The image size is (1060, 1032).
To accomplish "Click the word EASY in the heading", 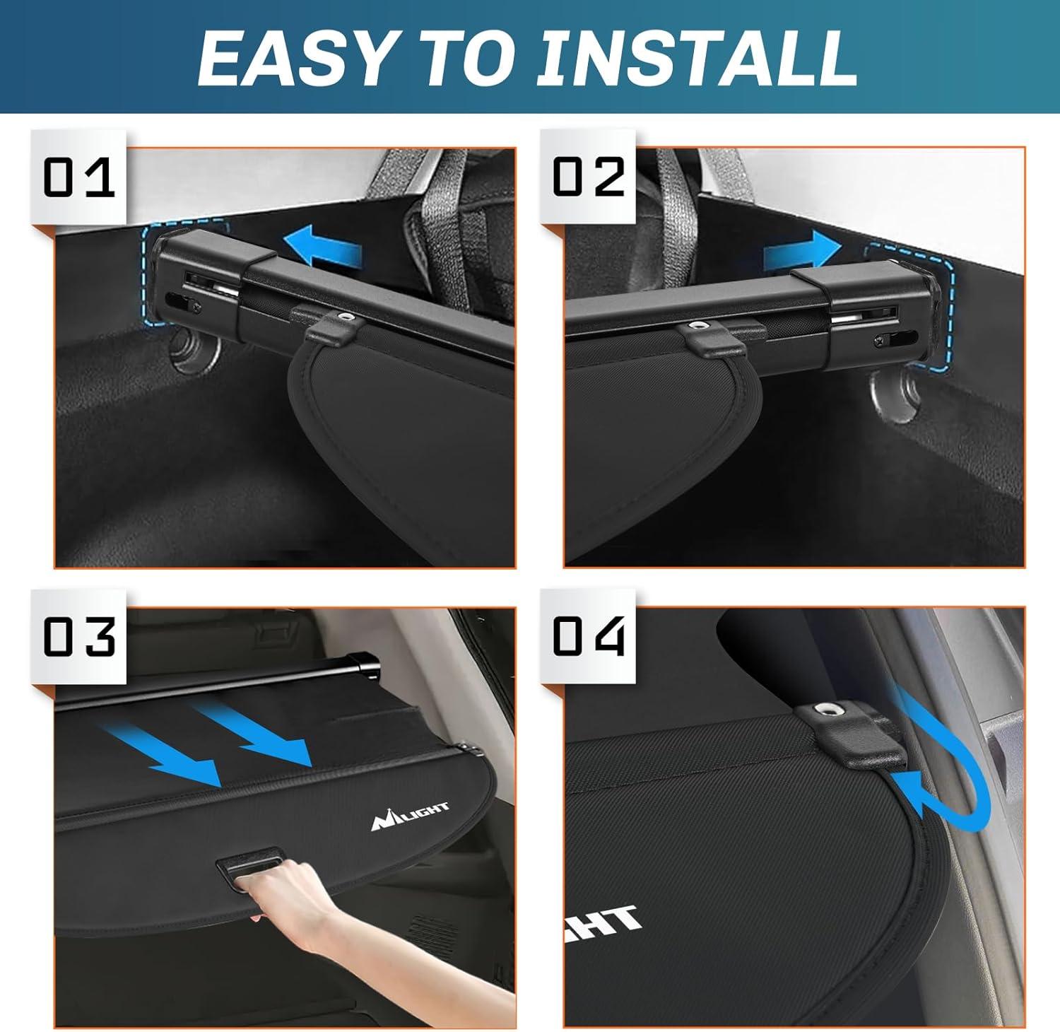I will pos(293,58).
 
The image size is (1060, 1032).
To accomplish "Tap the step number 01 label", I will pos(78,177).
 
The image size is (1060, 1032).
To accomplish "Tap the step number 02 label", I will pos(588,177).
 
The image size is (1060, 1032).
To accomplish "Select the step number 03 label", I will pos(78,637).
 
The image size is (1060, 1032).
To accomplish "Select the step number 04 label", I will pos(588,637).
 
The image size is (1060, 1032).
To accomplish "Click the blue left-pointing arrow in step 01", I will pos(322,250).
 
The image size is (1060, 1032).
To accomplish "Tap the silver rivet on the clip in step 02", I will pos(701,327).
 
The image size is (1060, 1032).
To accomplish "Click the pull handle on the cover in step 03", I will pos(247,864).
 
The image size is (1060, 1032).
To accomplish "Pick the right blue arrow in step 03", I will pos(258,735).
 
